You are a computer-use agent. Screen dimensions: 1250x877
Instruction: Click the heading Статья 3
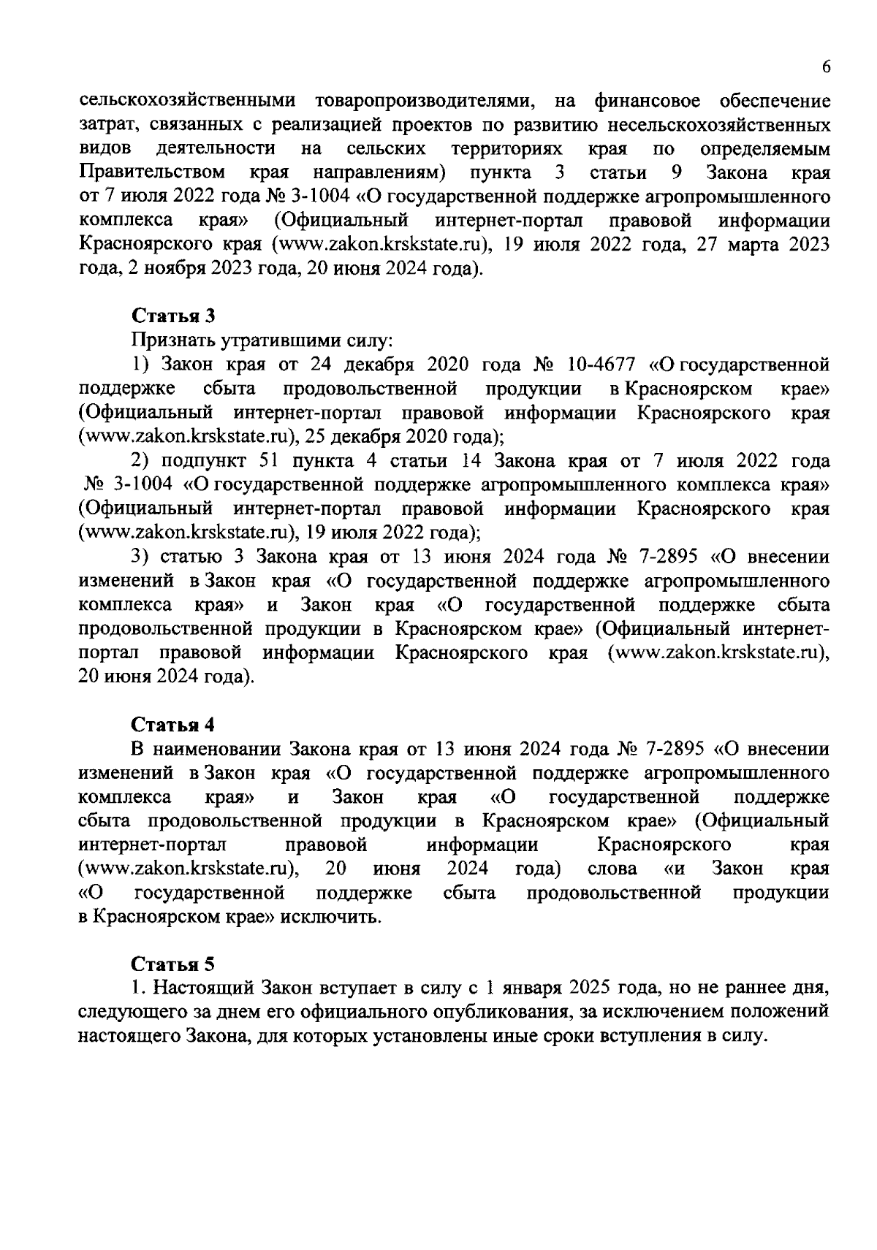click(173, 316)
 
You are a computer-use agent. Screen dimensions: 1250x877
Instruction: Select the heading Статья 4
click(173, 724)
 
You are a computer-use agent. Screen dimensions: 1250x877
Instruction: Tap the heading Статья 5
click(173, 964)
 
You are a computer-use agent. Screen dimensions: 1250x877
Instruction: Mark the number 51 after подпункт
click(267, 461)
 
